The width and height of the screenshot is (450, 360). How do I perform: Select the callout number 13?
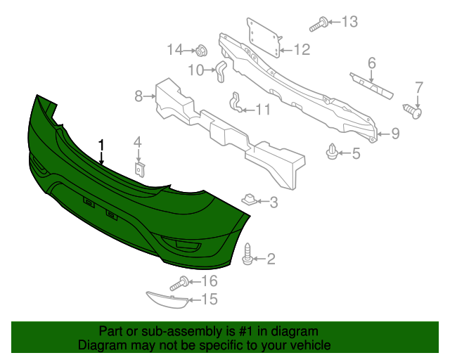[349, 22]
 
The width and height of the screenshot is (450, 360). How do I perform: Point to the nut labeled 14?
[201, 50]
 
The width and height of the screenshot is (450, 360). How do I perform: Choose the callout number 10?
[195, 70]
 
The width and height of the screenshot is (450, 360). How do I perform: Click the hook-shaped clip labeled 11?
[237, 103]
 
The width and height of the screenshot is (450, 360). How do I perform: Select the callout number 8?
[139, 95]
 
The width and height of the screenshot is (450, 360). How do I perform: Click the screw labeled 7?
[414, 110]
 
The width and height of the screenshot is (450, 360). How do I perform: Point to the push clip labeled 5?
[333, 150]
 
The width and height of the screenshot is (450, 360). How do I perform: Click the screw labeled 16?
[179, 283]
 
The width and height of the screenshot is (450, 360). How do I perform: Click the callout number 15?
[210, 300]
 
